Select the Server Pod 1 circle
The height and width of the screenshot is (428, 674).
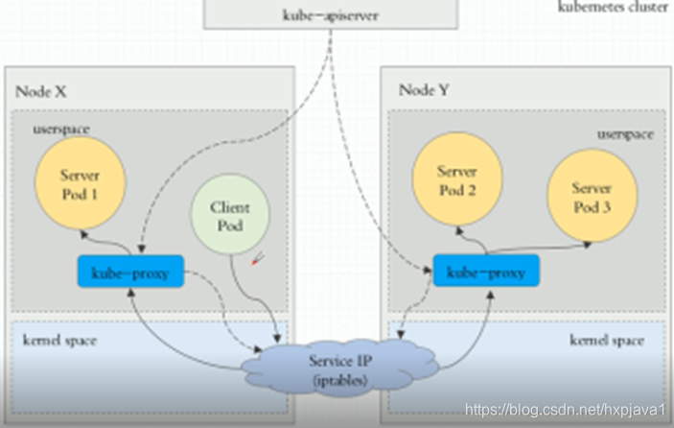click(x=79, y=186)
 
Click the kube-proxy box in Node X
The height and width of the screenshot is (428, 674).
click(x=130, y=273)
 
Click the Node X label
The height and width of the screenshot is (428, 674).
click(x=40, y=91)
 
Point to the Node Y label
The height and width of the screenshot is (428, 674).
click(x=423, y=90)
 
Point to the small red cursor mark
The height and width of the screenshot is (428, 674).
click(x=256, y=257)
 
